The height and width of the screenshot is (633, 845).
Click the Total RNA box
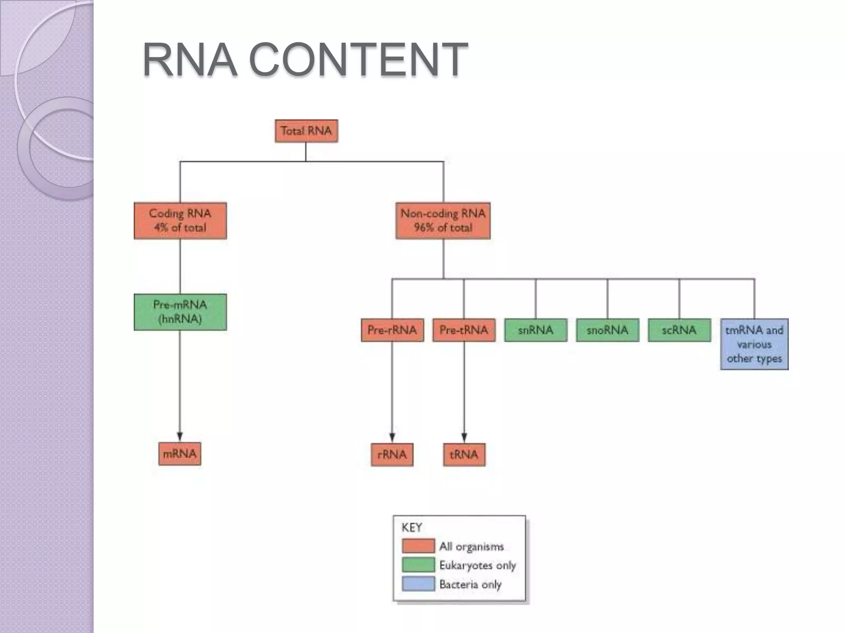(306, 131)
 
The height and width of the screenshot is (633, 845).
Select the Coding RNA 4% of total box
(180, 220)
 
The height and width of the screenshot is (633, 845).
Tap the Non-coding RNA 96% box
(443, 220)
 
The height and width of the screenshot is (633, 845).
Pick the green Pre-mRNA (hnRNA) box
(180, 312)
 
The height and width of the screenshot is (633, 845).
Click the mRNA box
(179, 454)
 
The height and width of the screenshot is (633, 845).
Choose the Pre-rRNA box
(392, 330)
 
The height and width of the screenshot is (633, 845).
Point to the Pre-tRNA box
(464, 330)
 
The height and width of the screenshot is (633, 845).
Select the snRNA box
(536, 330)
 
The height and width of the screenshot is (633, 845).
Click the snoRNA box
(607, 330)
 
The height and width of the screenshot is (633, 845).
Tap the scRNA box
(679, 330)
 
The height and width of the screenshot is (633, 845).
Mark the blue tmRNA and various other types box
(754, 344)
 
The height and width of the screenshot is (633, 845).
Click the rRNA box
(392, 455)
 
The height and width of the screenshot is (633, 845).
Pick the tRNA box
(464, 455)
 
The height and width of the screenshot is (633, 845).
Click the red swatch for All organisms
(418, 546)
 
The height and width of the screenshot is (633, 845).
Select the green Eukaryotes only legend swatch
(418, 565)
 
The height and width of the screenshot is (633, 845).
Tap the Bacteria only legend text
(470, 584)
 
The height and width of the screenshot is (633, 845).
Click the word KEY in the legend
(411, 527)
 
